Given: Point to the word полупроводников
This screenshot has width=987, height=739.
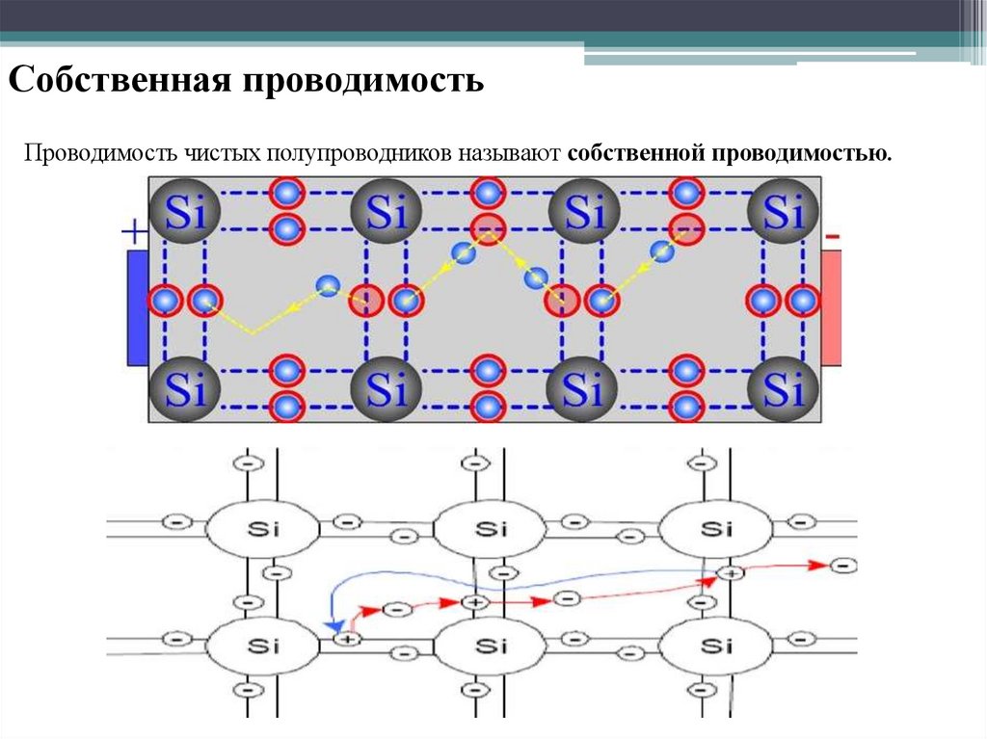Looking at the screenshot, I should [x=360, y=154].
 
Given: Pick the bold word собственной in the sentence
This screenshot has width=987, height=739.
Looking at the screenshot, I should [x=636, y=154].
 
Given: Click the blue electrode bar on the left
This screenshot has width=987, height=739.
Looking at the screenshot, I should [x=137, y=307].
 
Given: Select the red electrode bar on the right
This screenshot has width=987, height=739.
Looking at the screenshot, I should [x=831, y=307].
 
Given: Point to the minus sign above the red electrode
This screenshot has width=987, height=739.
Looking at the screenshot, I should [x=833, y=235].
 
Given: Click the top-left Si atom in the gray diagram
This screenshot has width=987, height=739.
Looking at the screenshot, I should [x=186, y=212].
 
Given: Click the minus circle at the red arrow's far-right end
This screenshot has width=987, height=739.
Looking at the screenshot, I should [x=843, y=566].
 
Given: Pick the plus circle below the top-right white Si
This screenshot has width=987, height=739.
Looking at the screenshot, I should [x=732, y=574].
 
